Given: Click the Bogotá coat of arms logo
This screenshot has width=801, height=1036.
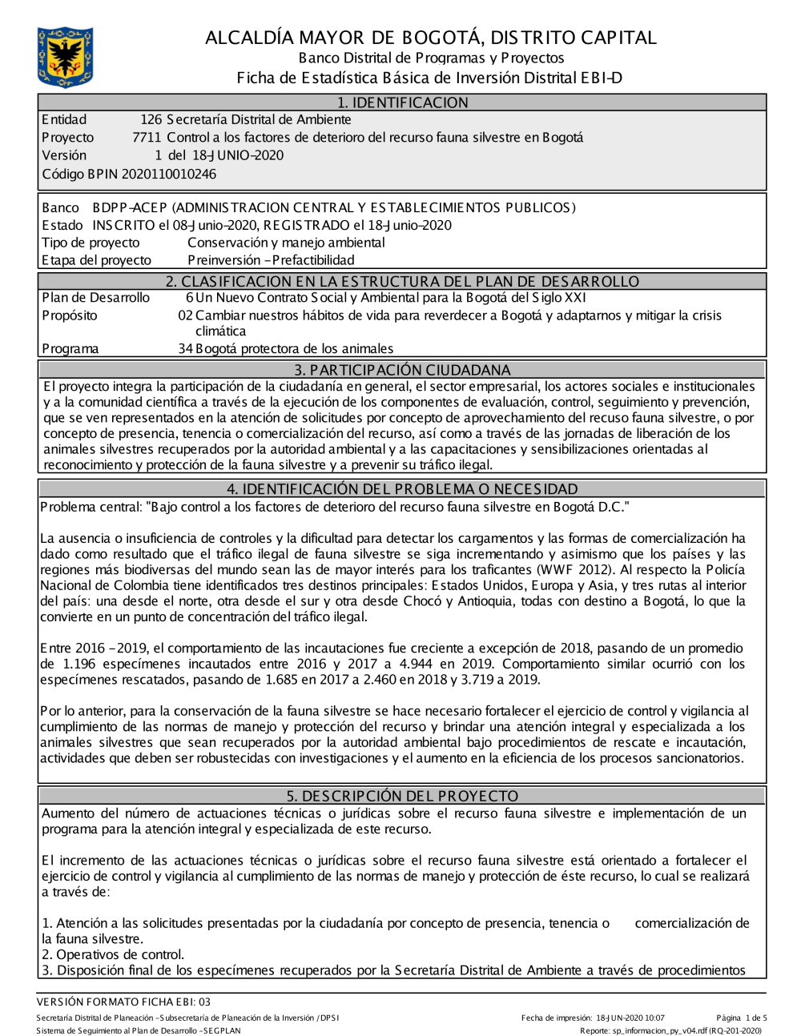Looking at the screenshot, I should click(x=65, y=57).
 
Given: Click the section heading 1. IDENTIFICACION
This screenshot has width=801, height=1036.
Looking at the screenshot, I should click(x=402, y=102).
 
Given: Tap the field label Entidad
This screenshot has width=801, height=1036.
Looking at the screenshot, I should click(x=64, y=119).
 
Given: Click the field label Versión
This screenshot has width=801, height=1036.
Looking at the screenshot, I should click(x=64, y=155).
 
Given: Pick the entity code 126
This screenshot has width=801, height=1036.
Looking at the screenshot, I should click(x=151, y=119).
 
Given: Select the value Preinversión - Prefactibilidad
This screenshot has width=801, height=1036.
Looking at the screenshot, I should click(x=271, y=259).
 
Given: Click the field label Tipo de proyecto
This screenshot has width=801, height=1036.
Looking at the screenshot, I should click(x=91, y=243).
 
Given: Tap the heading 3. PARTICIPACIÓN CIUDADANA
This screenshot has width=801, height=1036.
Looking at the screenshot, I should click(x=402, y=370).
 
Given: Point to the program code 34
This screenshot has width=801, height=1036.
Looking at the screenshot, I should click(x=185, y=348).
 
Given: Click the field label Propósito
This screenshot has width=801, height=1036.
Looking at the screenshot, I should click(x=70, y=315).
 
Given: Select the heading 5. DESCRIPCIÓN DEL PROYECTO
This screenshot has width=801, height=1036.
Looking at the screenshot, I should click(x=402, y=796).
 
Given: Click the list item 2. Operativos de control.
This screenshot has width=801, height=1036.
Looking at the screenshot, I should click(x=113, y=954).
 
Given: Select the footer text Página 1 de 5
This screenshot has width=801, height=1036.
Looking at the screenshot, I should click(x=742, y=1018).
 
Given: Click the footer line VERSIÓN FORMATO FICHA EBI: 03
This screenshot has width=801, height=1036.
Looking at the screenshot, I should click(x=123, y=1002).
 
